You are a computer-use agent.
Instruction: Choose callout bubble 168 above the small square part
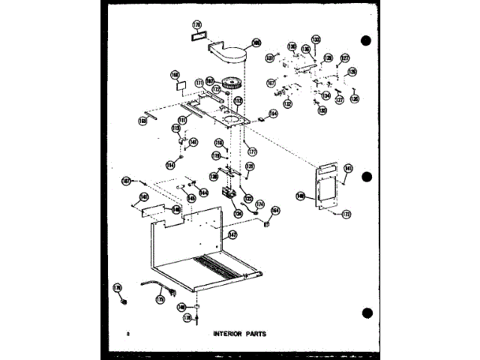[x=176, y=75]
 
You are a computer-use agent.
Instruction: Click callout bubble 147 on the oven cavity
[x=232, y=235]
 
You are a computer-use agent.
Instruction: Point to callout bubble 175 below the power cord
[x=160, y=298]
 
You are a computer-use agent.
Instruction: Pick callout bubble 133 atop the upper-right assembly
[x=316, y=39]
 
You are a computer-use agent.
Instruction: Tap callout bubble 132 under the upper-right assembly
[x=287, y=104]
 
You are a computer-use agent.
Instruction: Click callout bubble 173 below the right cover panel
[x=346, y=214]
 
